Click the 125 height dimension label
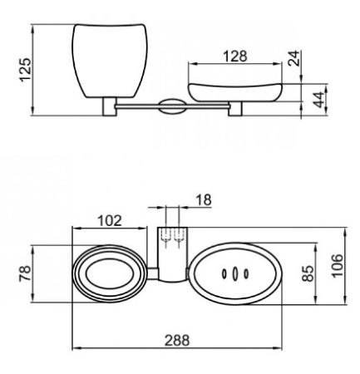pyautogui.click(x=26, y=70)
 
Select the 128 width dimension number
pyautogui.click(x=234, y=57)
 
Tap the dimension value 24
pyautogui.click(x=293, y=58)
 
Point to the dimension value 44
pyautogui.click(x=318, y=100)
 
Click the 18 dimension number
pyautogui.click(x=204, y=199)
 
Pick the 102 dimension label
pyautogui.click(x=110, y=221)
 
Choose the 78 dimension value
pyautogui.click(x=25, y=273)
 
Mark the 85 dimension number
pyautogui.click(x=308, y=273)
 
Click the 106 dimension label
pyautogui.click(x=337, y=265)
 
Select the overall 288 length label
pyautogui.click(x=177, y=340)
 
